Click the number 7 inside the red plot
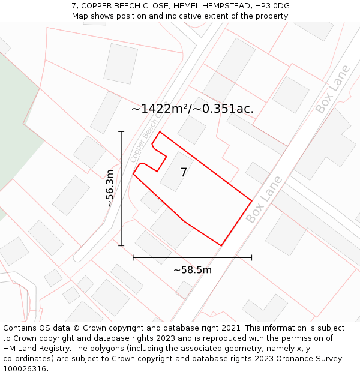pyautogui.click(x=184, y=173)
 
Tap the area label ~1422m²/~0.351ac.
pyautogui.click(x=192, y=109)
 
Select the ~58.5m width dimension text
pyautogui.click(x=192, y=270)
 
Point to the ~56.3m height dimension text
pyautogui.click(x=110, y=188)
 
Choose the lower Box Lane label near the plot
pyautogui.click(x=264, y=199)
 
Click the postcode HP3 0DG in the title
pyautogui.click(x=273, y=6)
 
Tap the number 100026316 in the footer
pyautogui.click(x=25, y=369)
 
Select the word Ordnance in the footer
pyautogui.click(x=287, y=359)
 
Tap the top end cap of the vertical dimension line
pyautogui.click(x=121, y=131)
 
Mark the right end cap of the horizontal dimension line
pyautogui.click(x=251, y=257)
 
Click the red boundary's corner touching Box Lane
pyautogui.click(x=251, y=200)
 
